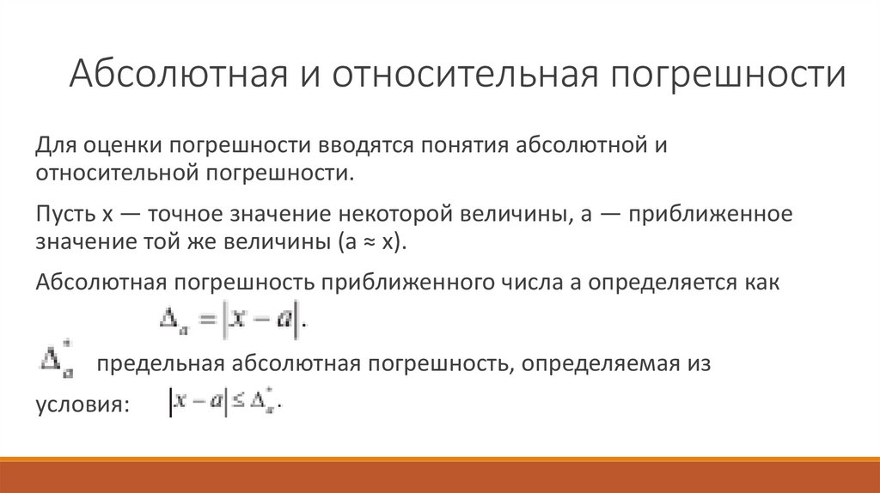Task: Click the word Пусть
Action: [64, 213]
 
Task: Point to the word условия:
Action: [82, 405]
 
